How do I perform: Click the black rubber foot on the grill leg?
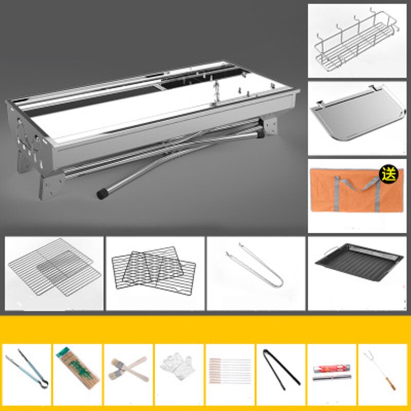pyautogui.click(x=103, y=194)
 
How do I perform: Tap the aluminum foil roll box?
pyautogui.click(x=330, y=372)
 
